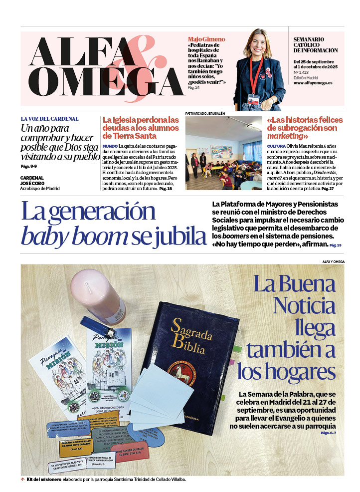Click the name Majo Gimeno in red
[x=206, y=39]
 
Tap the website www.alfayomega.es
[x=313, y=83]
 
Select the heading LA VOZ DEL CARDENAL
[x=49, y=119]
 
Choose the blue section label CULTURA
[x=276, y=146]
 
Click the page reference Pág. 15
[x=335, y=246]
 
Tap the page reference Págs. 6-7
[x=329, y=433]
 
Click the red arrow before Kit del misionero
[x=22, y=480]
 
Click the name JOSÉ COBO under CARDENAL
[x=32, y=183]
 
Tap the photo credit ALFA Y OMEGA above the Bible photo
[x=333, y=261]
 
